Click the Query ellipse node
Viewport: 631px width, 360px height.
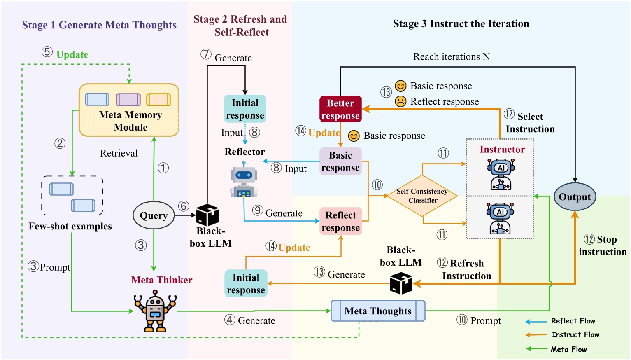(x=154, y=215)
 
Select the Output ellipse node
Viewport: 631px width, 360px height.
(x=575, y=197)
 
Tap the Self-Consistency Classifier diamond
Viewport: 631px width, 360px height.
(x=422, y=196)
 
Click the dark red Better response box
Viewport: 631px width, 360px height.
(x=340, y=109)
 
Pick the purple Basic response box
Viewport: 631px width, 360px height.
(x=340, y=161)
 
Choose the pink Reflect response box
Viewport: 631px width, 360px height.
(x=340, y=221)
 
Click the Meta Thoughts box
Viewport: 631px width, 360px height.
(x=378, y=311)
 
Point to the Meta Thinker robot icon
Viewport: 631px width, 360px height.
(x=155, y=311)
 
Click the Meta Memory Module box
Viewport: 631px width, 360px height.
(x=129, y=110)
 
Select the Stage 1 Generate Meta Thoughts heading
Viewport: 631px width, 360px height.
(x=99, y=25)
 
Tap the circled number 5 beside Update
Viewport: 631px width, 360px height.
(x=47, y=52)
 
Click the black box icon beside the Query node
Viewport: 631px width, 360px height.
(x=207, y=215)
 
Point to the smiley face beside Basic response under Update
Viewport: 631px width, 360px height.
(x=354, y=136)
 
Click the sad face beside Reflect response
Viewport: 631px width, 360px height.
(x=400, y=101)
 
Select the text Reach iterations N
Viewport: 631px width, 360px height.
(x=451, y=56)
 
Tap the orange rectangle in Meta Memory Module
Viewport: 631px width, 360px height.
(x=158, y=100)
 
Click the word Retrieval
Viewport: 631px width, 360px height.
(x=119, y=153)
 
